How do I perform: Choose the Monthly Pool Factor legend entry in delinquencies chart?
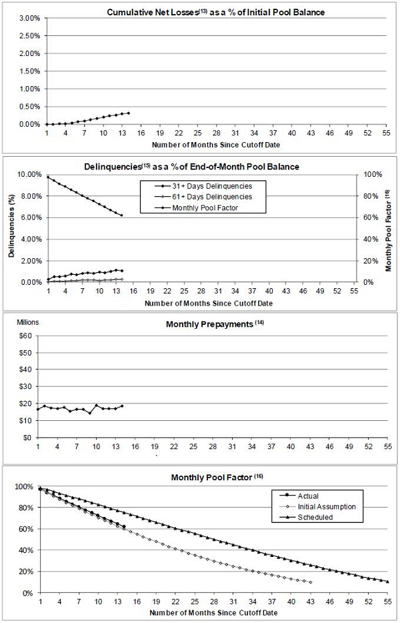[x=191, y=208]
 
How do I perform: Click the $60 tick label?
[x=26, y=336]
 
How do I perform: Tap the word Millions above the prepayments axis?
[x=27, y=322]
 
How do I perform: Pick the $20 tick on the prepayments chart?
[x=26, y=404]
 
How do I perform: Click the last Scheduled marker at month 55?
[x=387, y=582]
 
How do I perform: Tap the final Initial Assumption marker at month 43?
[x=311, y=582]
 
